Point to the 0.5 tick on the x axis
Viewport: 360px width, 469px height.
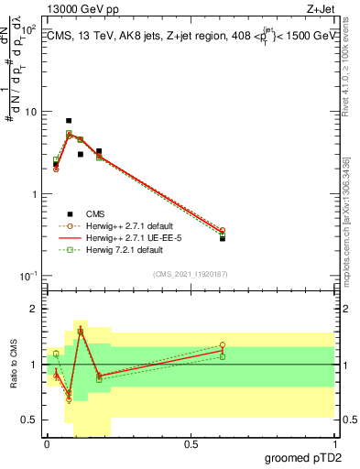(x=191, y=443)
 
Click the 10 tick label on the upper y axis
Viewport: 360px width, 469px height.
(x=28, y=112)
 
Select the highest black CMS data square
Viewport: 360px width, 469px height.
(x=69, y=121)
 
